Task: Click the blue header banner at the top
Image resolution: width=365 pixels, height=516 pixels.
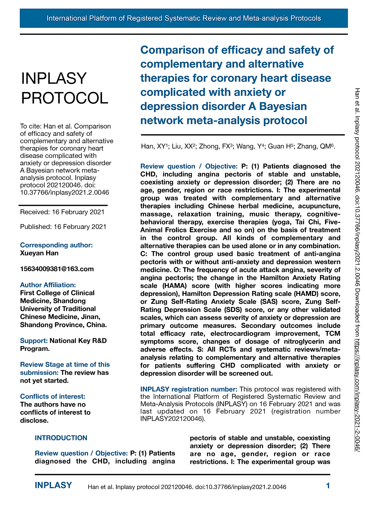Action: tap(184, 18)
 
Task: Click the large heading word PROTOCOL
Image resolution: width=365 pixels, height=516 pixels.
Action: tap(65, 98)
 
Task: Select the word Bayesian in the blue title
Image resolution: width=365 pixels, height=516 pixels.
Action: tap(283, 106)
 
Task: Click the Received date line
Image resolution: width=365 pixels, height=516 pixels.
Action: tap(62, 212)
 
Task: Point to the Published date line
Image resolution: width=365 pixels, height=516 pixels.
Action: tap(63, 227)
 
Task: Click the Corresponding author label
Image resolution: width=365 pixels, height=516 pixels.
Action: tap(56, 245)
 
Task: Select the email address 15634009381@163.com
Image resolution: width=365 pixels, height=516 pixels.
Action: tap(57, 269)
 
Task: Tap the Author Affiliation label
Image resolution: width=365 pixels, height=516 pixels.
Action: tap(48, 285)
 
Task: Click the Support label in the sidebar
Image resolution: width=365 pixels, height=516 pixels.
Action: tap(34, 341)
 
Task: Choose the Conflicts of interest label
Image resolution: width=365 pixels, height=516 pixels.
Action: tap(52, 396)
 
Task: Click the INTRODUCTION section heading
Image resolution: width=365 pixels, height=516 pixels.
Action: tap(61, 438)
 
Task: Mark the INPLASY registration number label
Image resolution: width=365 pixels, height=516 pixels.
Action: tap(189, 389)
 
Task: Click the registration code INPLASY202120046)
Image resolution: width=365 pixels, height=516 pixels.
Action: tap(173, 419)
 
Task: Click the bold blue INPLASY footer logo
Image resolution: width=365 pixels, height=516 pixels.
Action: tap(53, 485)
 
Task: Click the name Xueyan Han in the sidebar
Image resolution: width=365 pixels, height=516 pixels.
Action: tap(39, 253)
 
